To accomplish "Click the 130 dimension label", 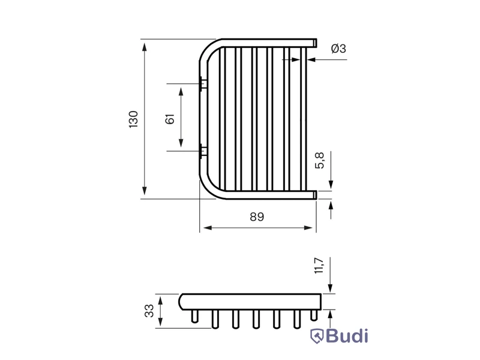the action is coord(133,119).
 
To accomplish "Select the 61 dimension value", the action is coord(170,119).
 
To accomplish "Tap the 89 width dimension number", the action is coord(257,217).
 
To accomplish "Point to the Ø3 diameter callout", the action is coord(338,49).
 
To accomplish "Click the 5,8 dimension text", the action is coord(320,160).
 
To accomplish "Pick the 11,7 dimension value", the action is coord(319,265).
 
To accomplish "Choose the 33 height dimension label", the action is coord(149,311).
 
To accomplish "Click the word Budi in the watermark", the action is coord(347,336).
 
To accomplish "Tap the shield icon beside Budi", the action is coord(317,336).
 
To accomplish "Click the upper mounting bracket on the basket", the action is coord(203,83).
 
